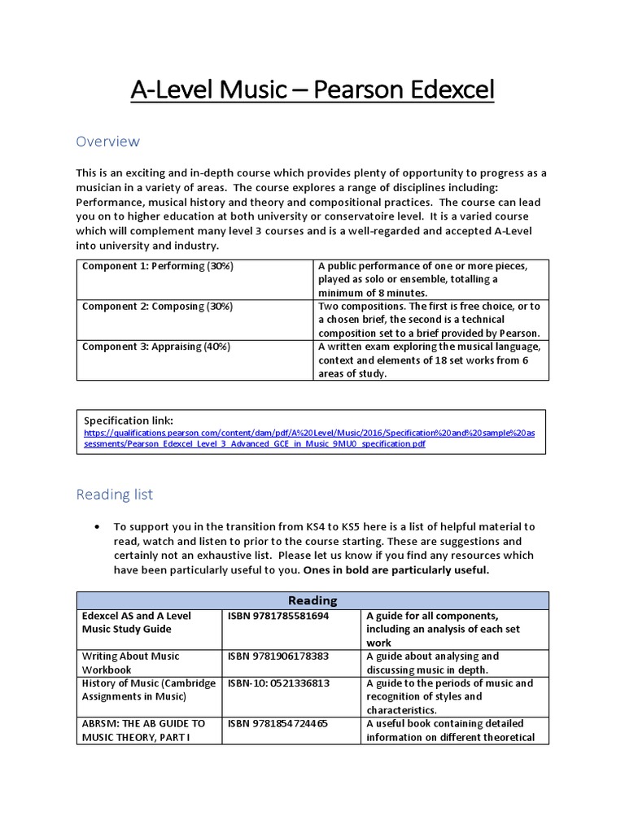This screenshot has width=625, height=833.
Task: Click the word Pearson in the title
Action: pos(381,91)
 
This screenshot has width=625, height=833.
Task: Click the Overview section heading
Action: pos(107,142)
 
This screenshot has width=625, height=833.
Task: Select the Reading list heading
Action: pos(114,495)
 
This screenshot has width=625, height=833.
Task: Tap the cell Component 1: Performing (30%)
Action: pos(157,267)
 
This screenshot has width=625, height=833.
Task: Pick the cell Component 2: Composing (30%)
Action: pos(157,307)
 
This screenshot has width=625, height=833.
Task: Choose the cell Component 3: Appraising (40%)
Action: pos(156,347)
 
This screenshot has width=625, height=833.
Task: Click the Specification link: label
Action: pos(129,421)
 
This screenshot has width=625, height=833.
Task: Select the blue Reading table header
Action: pos(312,600)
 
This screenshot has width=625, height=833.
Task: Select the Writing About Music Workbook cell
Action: pos(130,662)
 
